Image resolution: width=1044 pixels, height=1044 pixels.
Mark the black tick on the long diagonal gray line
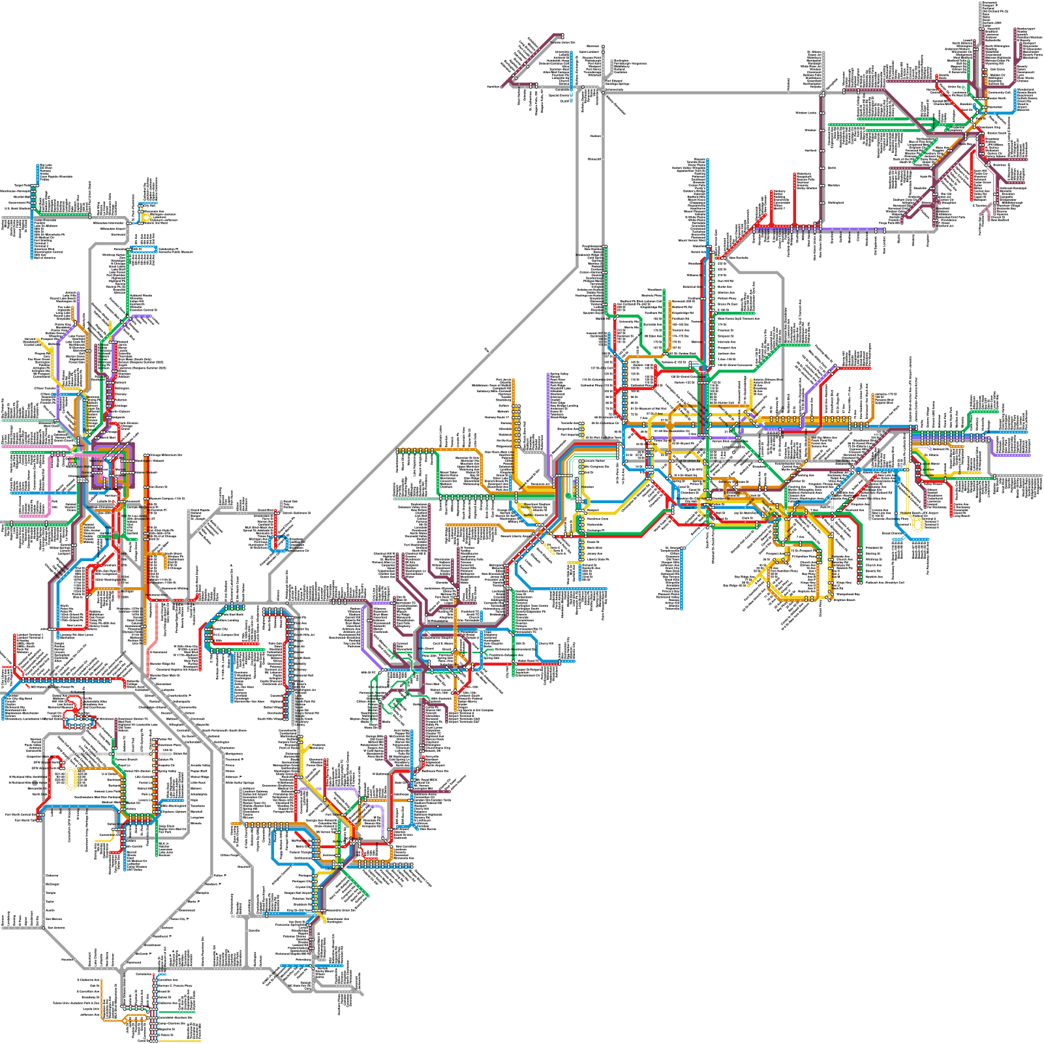[487, 350]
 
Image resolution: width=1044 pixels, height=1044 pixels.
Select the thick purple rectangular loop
[114, 465]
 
